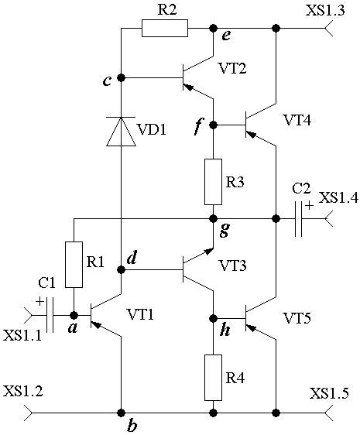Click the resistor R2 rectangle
click(x=165, y=28)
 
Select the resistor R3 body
click(x=213, y=182)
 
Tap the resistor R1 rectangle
click(x=74, y=265)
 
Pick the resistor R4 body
click(x=213, y=378)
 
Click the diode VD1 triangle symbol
click(x=122, y=132)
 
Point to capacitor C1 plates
click(x=50, y=315)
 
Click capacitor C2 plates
click(x=299, y=219)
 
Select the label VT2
click(x=233, y=68)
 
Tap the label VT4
click(x=297, y=121)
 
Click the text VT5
click(x=297, y=317)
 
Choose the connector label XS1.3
click(x=325, y=11)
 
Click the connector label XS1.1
click(x=22, y=335)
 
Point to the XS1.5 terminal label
click(x=329, y=393)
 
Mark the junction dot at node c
click(x=121, y=78)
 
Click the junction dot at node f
click(x=213, y=125)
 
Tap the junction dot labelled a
click(x=74, y=315)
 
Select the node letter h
click(x=225, y=331)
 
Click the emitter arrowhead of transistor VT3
click(x=209, y=252)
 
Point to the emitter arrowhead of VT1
click(x=96, y=324)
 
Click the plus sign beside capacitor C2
click(x=309, y=206)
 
